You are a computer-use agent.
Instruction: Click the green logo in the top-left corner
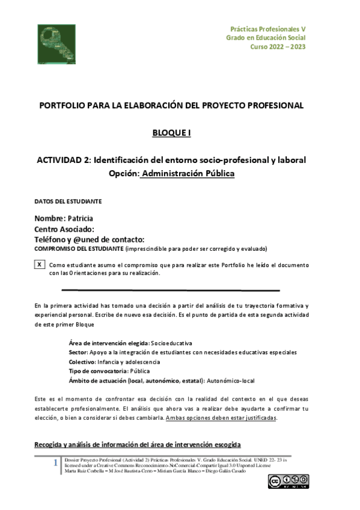coord(56,44)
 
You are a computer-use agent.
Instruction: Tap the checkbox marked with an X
coord(40,265)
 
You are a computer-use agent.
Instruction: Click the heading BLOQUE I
coord(171,133)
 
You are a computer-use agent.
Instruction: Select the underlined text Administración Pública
coord(188,173)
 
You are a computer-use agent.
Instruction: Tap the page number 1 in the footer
coord(55,463)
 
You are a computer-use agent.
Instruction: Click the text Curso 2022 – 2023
coord(279,48)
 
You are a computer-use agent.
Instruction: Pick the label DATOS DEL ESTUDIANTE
coord(68,201)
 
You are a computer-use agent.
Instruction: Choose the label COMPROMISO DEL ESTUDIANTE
coord(79,248)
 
